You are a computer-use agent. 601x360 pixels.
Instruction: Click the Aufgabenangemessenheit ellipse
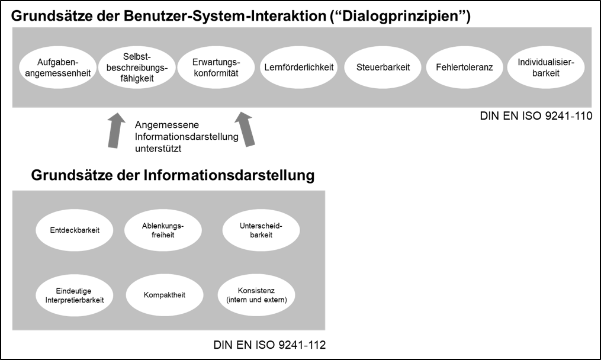(58, 67)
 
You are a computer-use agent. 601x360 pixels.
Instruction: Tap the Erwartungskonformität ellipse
(216, 67)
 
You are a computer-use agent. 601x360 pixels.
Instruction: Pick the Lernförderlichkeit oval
(299, 67)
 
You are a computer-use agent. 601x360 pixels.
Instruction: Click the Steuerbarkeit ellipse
(383, 67)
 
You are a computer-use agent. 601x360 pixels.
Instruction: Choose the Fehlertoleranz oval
(464, 67)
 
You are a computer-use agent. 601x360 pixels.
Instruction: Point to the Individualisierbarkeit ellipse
(546, 67)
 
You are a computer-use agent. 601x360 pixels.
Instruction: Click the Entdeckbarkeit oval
(75, 230)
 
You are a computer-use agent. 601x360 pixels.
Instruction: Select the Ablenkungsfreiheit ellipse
(163, 230)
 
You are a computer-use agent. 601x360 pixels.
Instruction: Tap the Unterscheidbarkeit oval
(261, 230)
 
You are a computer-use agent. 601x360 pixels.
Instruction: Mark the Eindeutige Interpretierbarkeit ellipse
(75, 294)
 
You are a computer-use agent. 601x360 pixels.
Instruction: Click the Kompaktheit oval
(165, 294)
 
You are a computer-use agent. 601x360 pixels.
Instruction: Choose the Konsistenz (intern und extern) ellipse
(256, 294)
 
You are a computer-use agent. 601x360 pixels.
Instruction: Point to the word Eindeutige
(75, 290)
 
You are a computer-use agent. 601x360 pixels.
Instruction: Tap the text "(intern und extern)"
(256, 300)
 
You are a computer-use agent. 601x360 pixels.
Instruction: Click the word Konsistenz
(256, 290)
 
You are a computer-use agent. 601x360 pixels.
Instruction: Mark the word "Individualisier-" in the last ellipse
(546, 62)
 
